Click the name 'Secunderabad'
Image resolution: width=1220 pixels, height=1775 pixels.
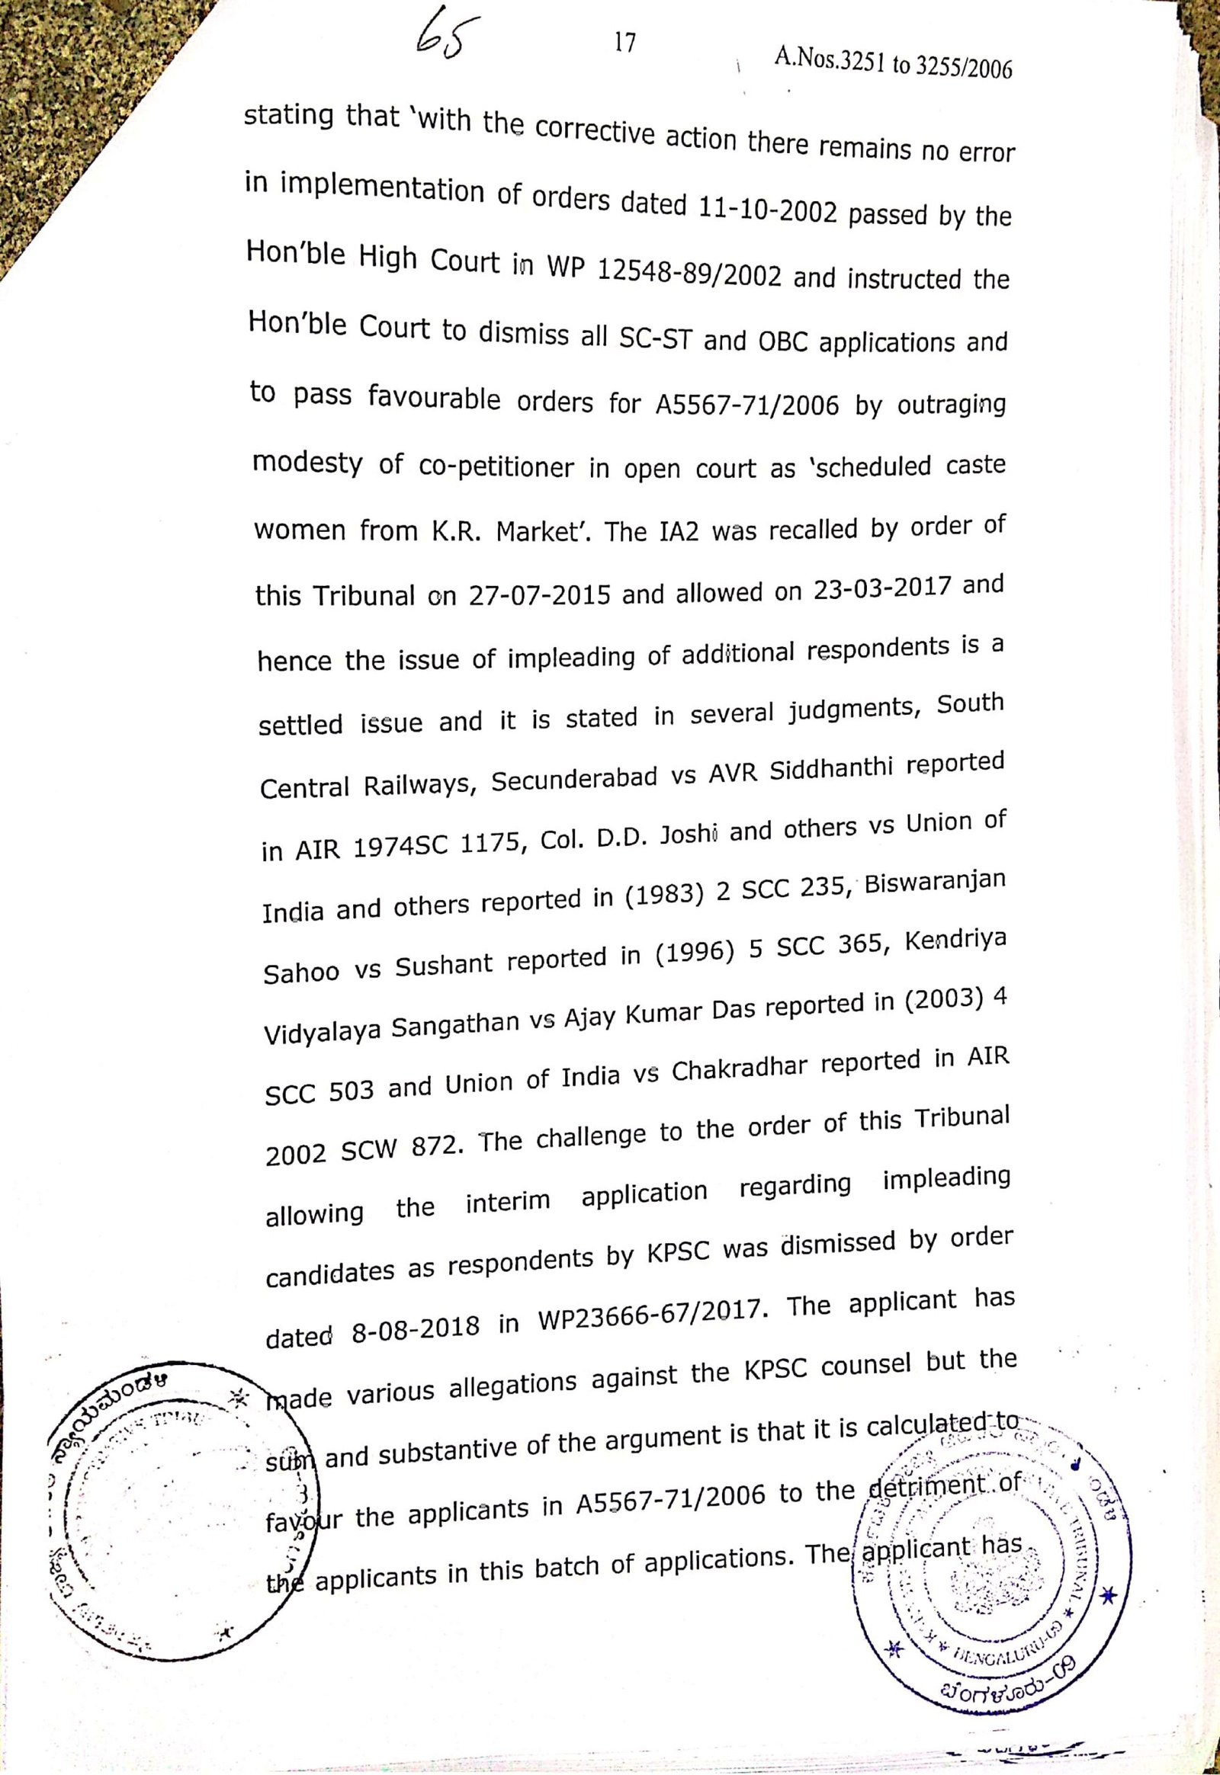pyautogui.click(x=574, y=779)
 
